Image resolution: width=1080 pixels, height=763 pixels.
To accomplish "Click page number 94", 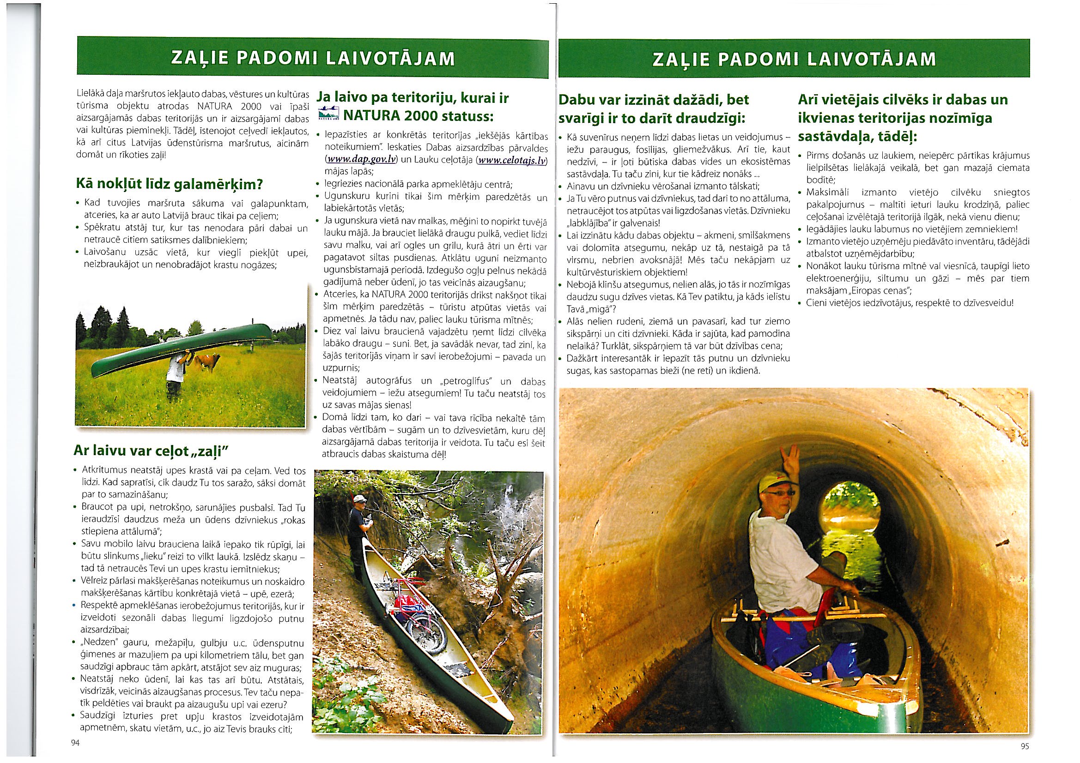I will click(x=74, y=743).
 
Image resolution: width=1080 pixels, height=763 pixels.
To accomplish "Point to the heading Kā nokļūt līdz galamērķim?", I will click(x=169, y=184).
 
